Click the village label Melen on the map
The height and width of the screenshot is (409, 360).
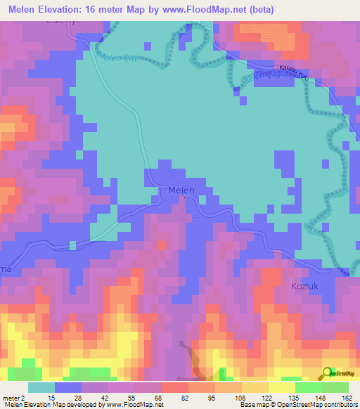181,190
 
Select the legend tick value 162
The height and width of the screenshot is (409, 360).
347,397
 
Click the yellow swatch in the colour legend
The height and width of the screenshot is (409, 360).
282,387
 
